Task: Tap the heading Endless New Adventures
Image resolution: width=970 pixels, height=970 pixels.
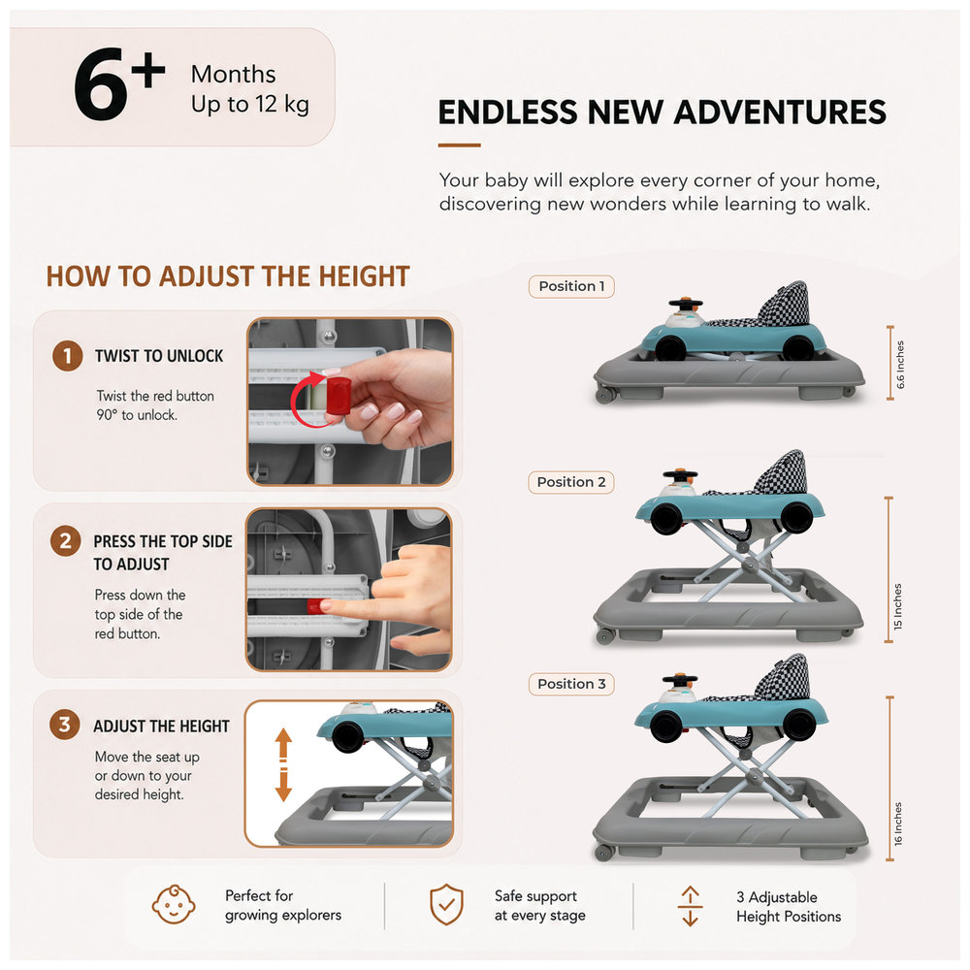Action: tap(662, 112)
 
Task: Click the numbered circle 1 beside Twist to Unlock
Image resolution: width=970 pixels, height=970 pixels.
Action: tap(68, 356)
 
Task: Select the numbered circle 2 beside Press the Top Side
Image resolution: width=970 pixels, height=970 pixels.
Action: tap(66, 541)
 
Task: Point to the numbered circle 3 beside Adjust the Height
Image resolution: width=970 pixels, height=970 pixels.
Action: tap(65, 725)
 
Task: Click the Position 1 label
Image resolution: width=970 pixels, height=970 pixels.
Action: tap(571, 286)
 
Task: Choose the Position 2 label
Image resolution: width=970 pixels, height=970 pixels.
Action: tap(571, 482)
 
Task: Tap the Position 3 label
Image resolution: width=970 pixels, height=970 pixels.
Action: tap(571, 684)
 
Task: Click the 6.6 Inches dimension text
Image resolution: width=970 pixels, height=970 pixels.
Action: tap(900, 365)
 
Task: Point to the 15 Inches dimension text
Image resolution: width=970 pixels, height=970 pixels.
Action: tap(897, 607)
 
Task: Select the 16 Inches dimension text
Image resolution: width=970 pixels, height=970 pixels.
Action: tap(898, 824)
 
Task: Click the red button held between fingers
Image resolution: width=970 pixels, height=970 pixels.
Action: tap(338, 395)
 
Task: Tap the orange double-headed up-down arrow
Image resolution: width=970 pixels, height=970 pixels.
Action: tap(283, 764)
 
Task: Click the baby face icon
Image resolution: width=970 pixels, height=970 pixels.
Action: tap(174, 904)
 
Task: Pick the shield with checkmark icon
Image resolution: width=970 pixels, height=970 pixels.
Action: tap(446, 904)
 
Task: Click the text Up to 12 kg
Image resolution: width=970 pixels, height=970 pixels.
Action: tap(250, 104)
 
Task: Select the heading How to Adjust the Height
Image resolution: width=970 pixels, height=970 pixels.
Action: tap(228, 276)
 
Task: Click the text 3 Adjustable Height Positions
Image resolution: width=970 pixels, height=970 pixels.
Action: tap(788, 907)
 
